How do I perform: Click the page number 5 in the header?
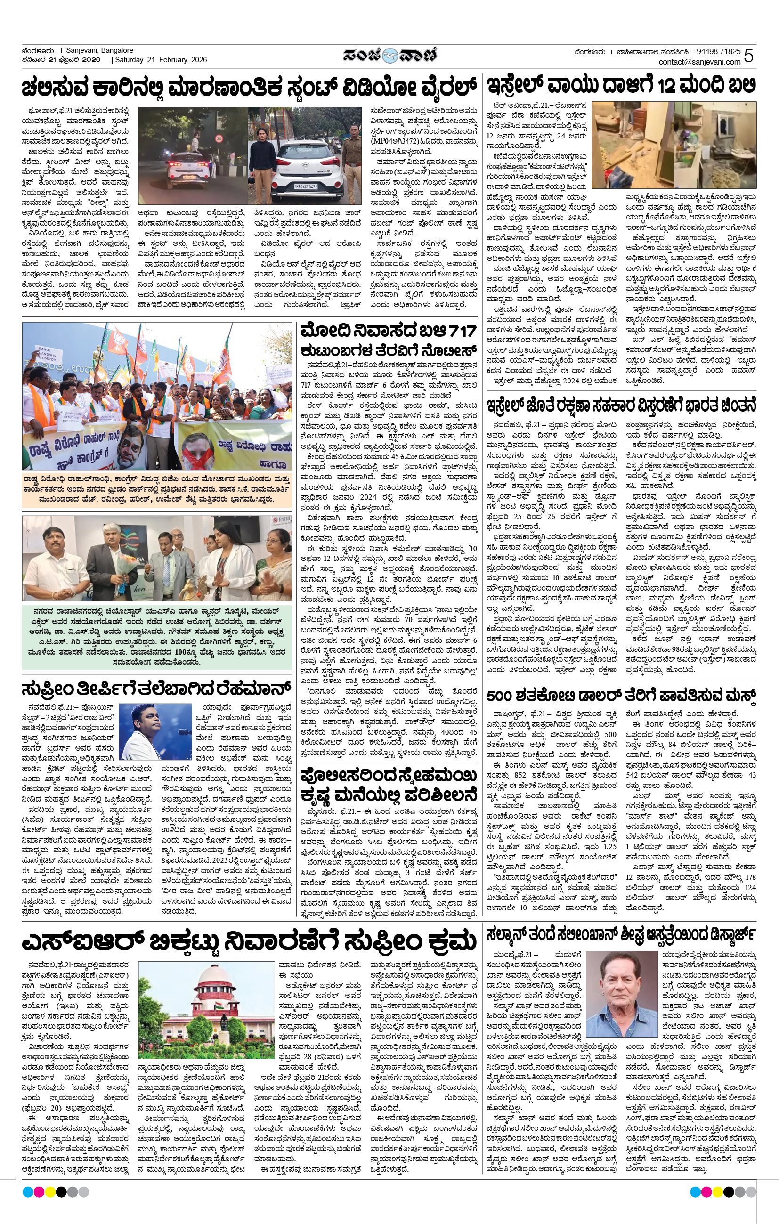coord(748,56)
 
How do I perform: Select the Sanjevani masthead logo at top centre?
coord(389,56)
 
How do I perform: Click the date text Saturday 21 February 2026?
coord(161,60)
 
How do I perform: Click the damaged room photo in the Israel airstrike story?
coord(674,145)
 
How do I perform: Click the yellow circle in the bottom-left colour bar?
coord(50,1192)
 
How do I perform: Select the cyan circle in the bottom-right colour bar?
coord(695,1192)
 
